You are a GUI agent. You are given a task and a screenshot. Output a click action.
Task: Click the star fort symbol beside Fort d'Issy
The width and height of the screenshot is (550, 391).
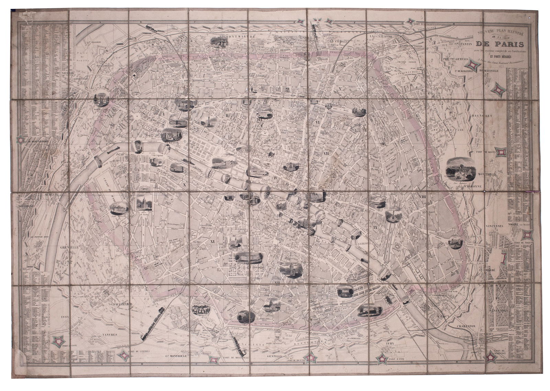coord(59,341)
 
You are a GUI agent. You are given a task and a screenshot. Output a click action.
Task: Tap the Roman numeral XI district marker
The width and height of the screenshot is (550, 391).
coord(212,242)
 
